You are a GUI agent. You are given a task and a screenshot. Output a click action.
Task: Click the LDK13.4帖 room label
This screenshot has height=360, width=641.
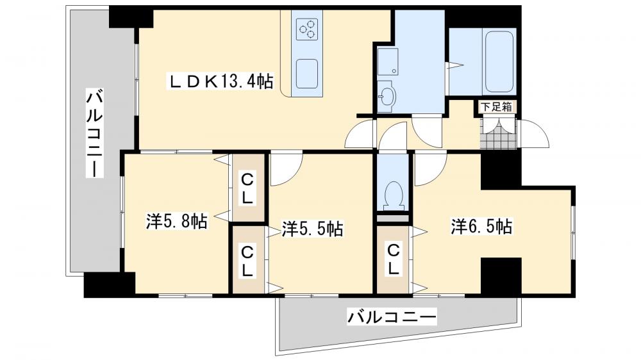tap(221, 81)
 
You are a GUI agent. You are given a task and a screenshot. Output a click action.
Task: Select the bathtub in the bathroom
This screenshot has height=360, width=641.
tap(499, 61)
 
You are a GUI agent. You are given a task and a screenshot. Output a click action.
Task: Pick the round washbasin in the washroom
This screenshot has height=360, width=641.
tap(387, 97)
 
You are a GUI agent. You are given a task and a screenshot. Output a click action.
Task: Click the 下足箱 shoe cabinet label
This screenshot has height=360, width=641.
tap(497, 107)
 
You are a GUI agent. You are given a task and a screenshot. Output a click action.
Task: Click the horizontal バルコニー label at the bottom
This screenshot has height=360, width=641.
tap(392, 316)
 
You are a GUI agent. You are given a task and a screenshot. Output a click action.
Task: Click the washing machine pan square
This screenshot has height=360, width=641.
tap(387, 61)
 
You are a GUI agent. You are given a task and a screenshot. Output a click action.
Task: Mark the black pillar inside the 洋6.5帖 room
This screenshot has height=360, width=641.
tap(501, 276)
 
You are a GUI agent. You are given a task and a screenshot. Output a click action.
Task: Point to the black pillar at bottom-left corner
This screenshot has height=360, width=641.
tap(110, 284)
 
